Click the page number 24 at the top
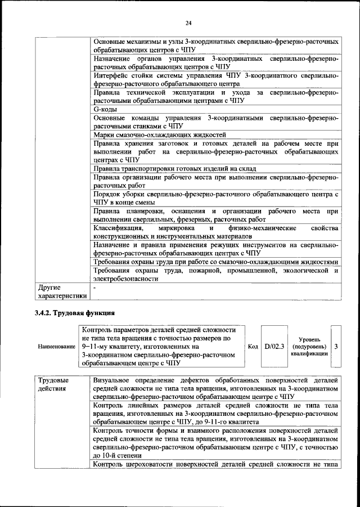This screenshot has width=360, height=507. pyautogui.click(x=188, y=23)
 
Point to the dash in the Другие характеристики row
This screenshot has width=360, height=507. pyautogui.click(x=95, y=288)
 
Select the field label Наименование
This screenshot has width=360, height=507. pyautogui.click(x=56, y=347)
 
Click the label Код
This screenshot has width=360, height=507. pyautogui.click(x=253, y=347)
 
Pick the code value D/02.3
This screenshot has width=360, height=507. pyautogui.click(x=274, y=347)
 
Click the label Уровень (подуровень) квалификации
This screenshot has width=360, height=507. pyautogui.click(x=309, y=347)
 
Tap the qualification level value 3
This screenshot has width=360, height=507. pyautogui.click(x=336, y=347)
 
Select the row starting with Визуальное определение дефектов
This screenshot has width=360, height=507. pyautogui.click(x=215, y=388)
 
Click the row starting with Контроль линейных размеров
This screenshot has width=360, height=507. pyautogui.click(x=215, y=413)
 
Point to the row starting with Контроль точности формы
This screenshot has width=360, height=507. pyautogui.click(x=215, y=442)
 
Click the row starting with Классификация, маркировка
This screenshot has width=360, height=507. pyautogui.click(x=215, y=232)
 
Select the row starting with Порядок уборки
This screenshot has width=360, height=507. pyautogui.click(x=215, y=198)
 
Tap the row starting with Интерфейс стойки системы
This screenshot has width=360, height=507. pyautogui.click(x=215, y=79)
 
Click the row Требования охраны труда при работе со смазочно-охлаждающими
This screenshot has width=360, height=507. pyautogui.click(x=215, y=262)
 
